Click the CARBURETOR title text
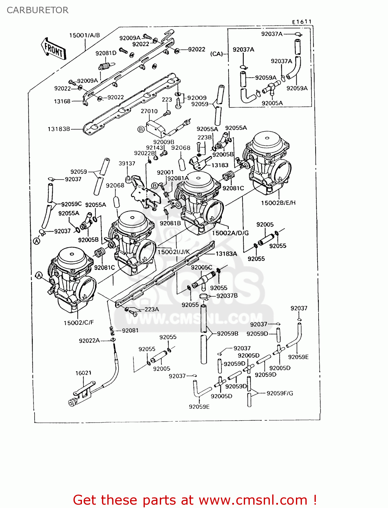[37, 10]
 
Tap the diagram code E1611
[302, 22]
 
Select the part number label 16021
[83, 373]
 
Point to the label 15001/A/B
[85, 35]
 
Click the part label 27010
[149, 111]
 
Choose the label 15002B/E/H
[278, 203]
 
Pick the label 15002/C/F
[79, 323]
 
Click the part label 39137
[127, 163]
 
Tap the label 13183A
[226, 254]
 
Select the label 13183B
[59, 129]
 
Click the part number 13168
[62, 101]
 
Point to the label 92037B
[227, 296]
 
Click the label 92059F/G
[280, 393]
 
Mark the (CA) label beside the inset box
[217, 54]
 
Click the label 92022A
[89, 341]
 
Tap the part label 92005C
[201, 267]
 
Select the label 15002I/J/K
[173, 252]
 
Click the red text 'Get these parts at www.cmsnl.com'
[195, 500]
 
